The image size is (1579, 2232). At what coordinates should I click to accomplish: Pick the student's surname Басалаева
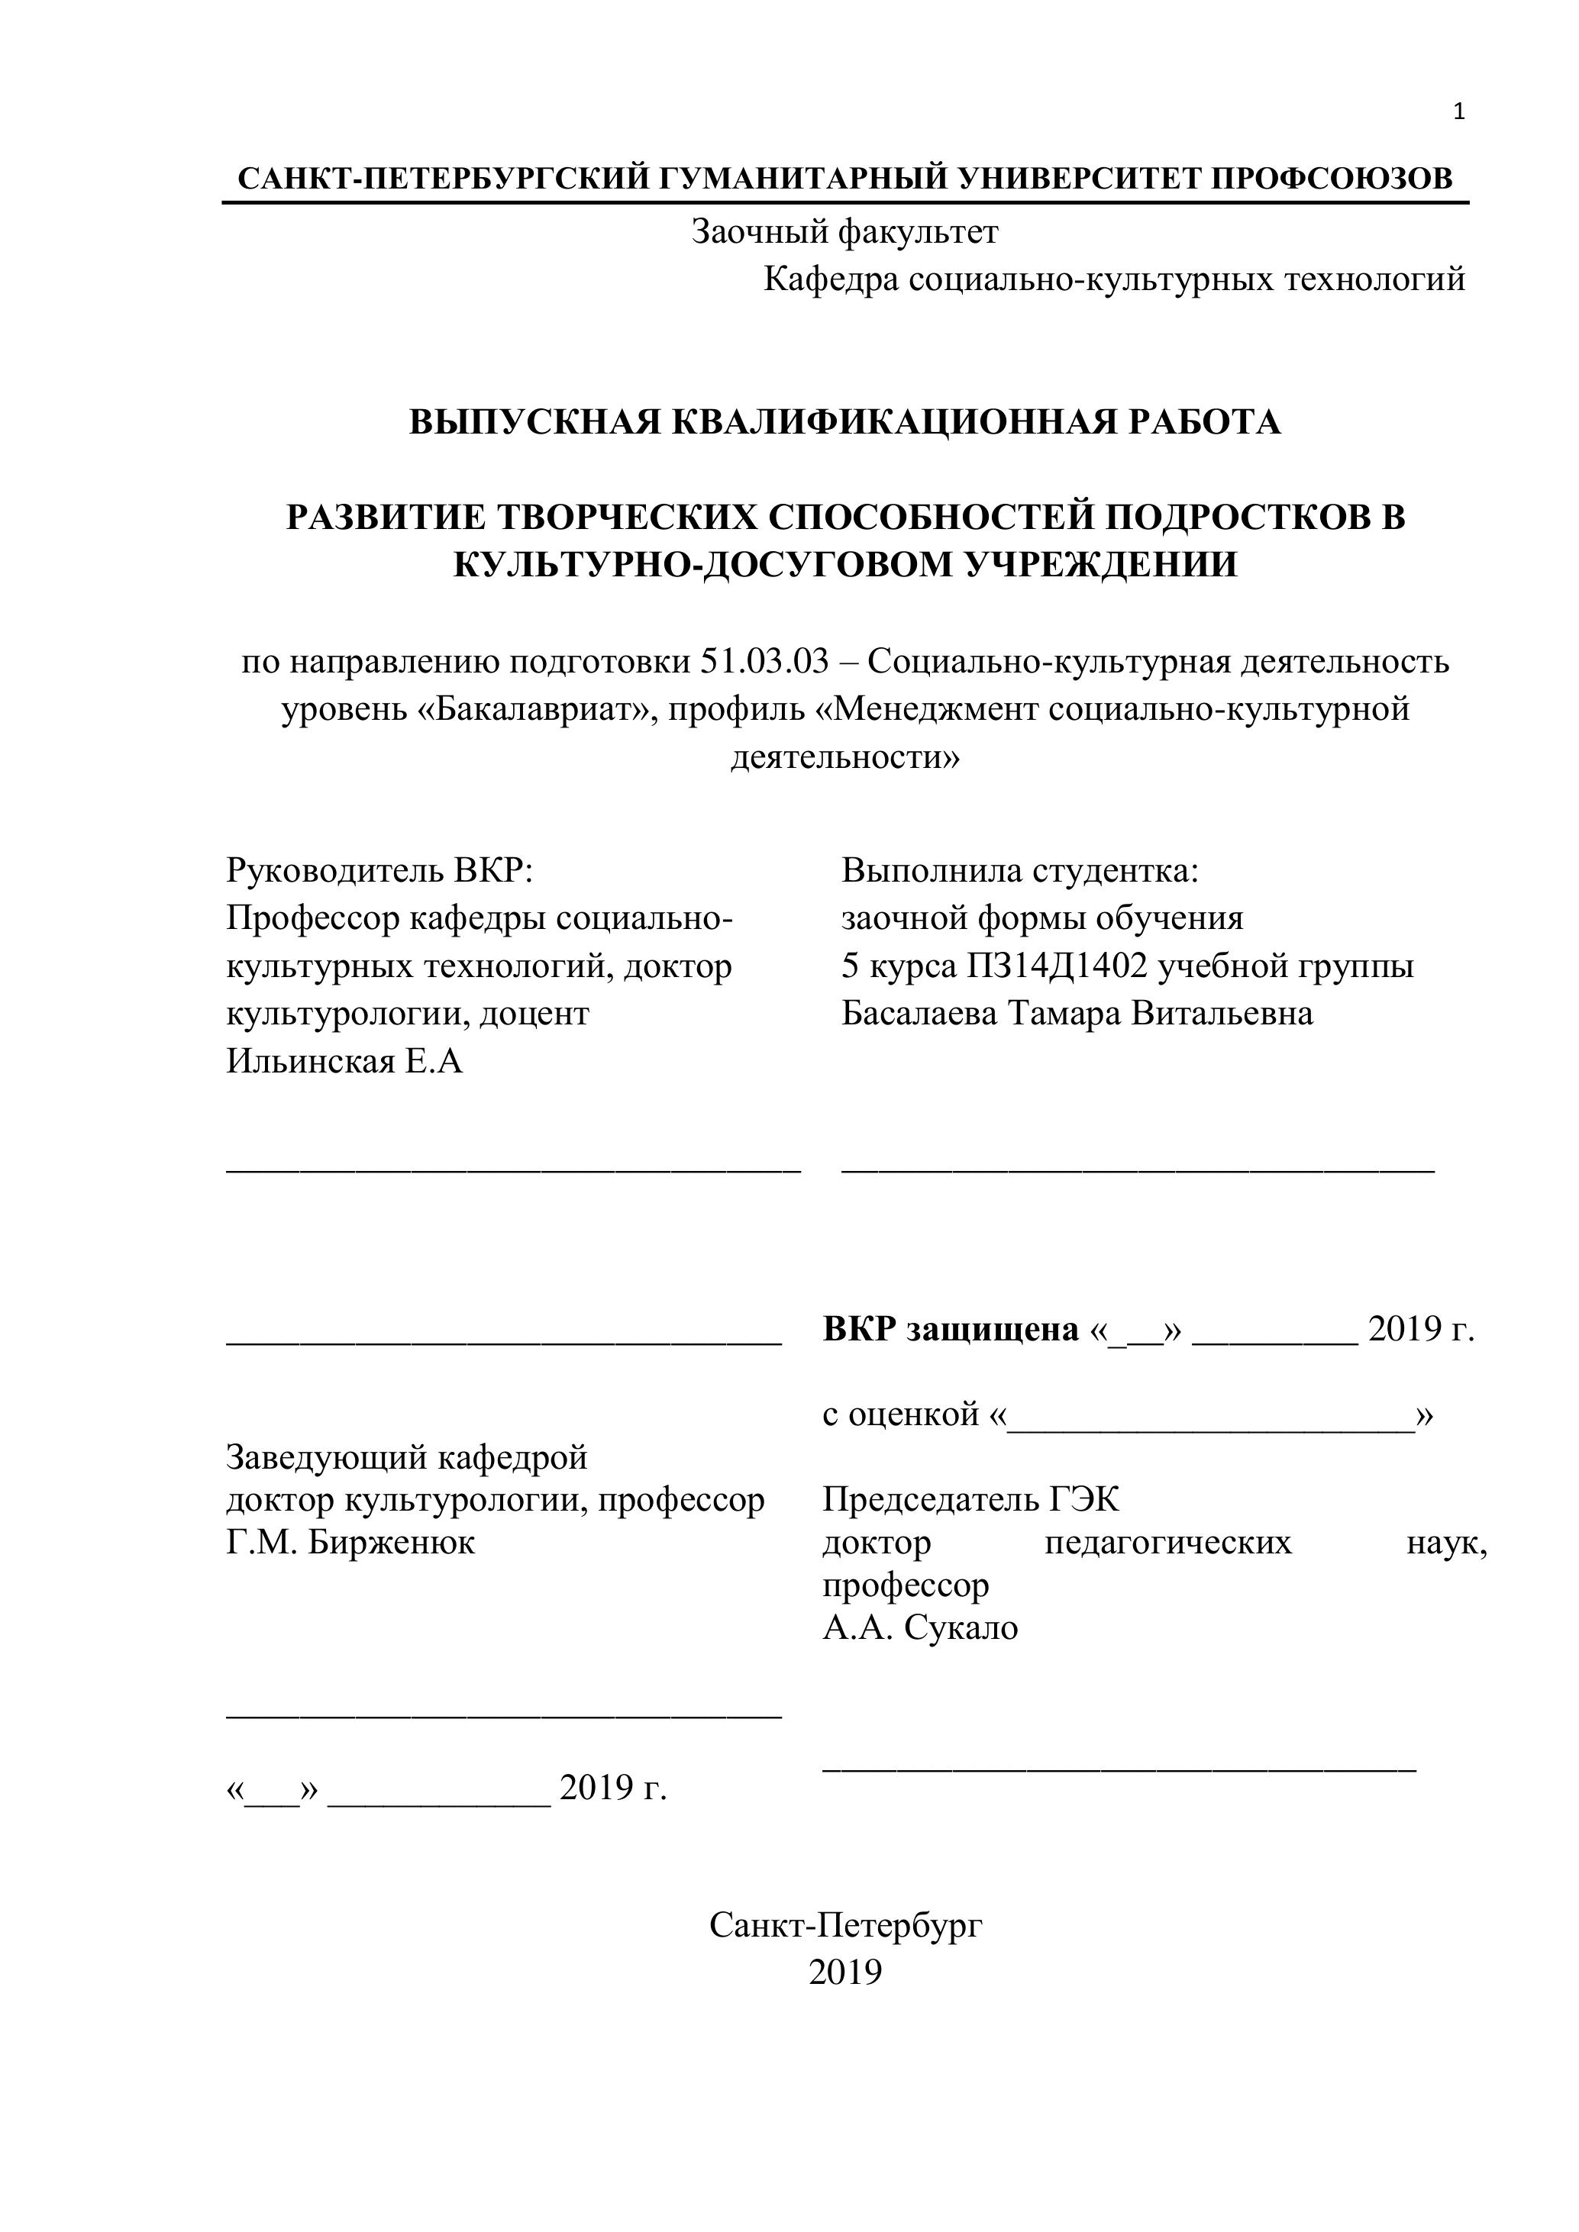[919, 1013]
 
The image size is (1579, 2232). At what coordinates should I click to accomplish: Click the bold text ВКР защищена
[950, 1329]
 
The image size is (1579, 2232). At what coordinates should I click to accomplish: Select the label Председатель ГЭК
[970, 1500]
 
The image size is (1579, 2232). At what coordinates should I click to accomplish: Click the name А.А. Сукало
[920, 1628]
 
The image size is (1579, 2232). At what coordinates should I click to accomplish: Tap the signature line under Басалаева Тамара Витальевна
[1138, 1170]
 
